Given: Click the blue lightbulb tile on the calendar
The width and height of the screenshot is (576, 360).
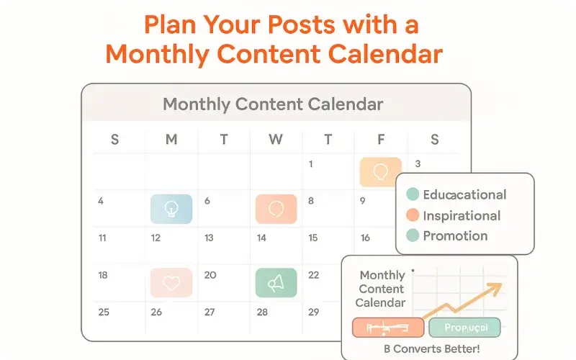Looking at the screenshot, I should coord(171,208).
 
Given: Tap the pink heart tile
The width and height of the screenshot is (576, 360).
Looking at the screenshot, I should coord(171,282).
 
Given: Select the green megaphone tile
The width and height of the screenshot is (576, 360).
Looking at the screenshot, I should coord(276,282).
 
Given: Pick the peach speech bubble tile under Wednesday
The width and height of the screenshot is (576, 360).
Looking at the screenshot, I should coord(276,208).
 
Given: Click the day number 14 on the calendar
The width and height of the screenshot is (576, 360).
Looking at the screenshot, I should coord(261,238).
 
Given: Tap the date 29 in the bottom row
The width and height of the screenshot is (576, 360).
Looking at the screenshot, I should coord(313,312).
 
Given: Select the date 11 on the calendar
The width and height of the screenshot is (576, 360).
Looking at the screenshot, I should coord(102,238).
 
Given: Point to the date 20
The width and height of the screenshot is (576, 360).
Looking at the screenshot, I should coord(210,275).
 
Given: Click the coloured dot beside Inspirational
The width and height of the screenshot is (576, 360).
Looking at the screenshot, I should coord(413,215).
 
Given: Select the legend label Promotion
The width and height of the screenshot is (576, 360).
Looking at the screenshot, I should coord(455,236).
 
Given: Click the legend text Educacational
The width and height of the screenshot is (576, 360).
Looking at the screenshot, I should coord(464,194).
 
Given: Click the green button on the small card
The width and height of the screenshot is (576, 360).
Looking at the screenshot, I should coord(464,328).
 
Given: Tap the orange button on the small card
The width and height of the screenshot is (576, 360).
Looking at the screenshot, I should coord(387,328).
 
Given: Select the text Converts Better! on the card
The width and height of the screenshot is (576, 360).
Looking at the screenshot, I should coord(436,348).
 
